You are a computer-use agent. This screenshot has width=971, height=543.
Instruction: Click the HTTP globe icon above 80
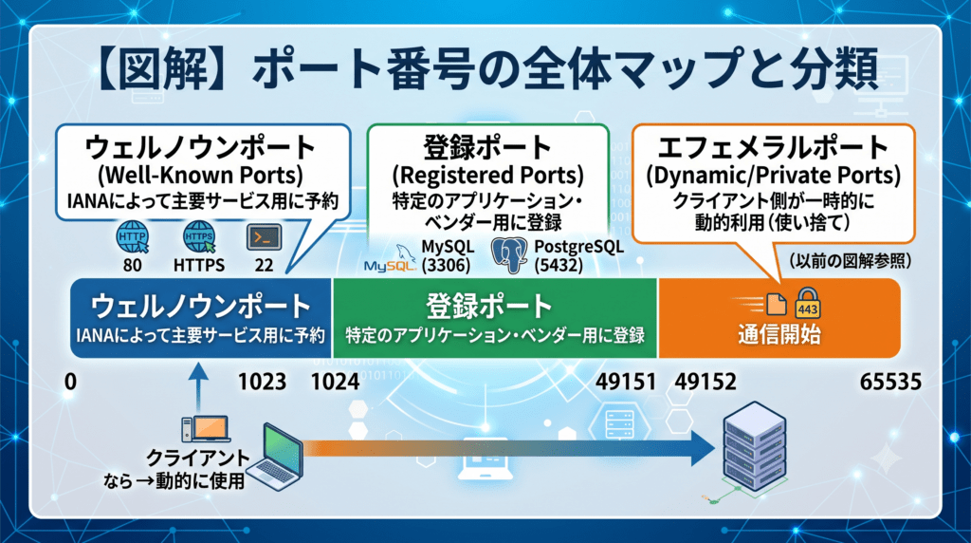tap(133, 237)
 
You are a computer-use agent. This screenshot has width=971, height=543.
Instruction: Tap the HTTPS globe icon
tap(199, 237)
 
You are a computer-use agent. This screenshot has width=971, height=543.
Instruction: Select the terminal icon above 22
tap(264, 237)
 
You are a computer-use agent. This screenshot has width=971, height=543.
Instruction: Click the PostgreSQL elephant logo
tap(509, 254)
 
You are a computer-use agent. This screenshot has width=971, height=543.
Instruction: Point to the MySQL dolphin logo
tap(390, 259)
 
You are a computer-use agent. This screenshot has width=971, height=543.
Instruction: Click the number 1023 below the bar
tap(262, 382)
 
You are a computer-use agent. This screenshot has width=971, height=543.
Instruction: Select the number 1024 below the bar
tap(335, 382)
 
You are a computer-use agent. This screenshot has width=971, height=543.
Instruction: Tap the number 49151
tap(626, 382)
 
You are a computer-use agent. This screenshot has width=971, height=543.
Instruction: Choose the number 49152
tap(705, 382)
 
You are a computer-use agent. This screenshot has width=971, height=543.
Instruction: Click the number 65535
tap(890, 382)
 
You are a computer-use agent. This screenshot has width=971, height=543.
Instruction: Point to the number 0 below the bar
tap(70, 382)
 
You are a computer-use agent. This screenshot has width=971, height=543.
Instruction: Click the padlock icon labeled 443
tap(808, 303)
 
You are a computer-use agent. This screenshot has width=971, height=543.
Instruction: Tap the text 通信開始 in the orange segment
tap(779, 335)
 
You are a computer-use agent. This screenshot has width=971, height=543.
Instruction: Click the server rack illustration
tap(754, 447)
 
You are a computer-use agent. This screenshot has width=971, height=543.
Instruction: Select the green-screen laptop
tap(279, 459)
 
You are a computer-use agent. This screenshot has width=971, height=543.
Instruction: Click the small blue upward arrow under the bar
tap(198, 385)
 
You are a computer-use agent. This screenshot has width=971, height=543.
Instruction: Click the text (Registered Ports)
tap(488, 176)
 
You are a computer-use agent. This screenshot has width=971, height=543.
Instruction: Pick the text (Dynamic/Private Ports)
tap(774, 176)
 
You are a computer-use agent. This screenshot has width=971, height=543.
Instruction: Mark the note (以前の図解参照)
tap(851, 261)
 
